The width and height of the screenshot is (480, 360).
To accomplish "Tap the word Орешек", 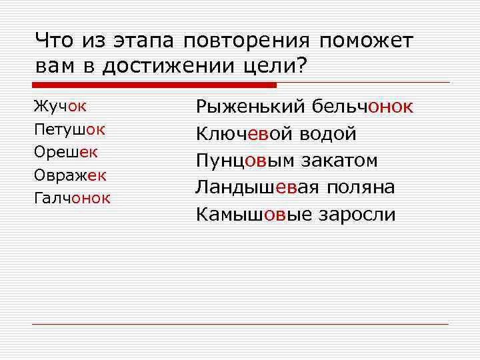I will pyautogui.click(x=65, y=151).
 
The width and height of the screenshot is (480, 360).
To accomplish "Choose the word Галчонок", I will pyautogui.click(x=72, y=198).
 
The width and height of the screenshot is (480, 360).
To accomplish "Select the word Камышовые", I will pyautogui.click(x=254, y=215).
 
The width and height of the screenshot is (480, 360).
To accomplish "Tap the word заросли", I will pyautogui.click(x=357, y=215).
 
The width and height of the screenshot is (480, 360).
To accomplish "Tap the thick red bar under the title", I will pyautogui.click(x=154, y=85).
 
